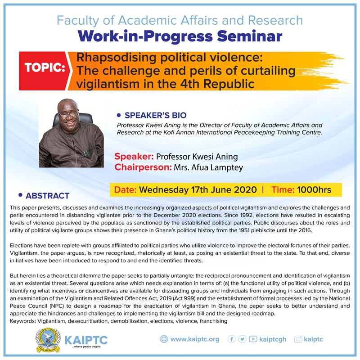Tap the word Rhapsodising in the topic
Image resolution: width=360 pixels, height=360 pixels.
(x=117, y=58)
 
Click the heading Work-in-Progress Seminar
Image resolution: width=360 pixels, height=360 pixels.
(x=180, y=36)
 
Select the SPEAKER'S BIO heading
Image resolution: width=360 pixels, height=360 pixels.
(x=155, y=115)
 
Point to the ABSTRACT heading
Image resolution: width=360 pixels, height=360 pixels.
(x=48, y=196)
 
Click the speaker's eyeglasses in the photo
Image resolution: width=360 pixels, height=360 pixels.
(x=68, y=114)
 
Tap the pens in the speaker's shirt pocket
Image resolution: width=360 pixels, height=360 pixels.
(x=86, y=153)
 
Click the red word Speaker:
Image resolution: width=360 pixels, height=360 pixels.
(x=134, y=157)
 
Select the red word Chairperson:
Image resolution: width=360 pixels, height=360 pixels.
(x=143, y=167)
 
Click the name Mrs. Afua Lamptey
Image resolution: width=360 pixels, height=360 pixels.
(x=208, y=167)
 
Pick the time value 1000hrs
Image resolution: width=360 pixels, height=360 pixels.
(x=314, y=190)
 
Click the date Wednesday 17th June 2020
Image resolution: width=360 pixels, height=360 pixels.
(x=198, y=190)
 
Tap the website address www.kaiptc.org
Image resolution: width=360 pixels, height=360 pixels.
(x=195, y=339)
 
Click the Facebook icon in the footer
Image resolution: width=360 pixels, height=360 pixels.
(x=231, y=339)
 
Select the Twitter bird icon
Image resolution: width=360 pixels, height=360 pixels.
(x=242, y=339)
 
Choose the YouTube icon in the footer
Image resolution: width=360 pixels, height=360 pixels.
(x=253, y=339)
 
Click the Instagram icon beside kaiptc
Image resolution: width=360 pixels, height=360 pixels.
(x=298, y=339)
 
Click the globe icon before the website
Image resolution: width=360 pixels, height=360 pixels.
(x=164, y=339)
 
